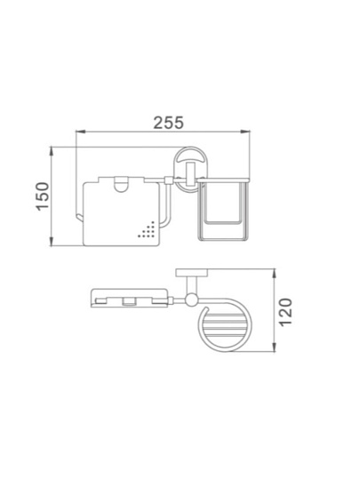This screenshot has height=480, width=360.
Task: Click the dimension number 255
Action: point(168,123)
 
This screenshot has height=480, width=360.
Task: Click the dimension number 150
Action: point(43,196)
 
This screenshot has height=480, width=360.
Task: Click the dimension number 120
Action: point(286,312)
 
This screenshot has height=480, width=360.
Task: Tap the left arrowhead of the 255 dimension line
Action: point(80,132)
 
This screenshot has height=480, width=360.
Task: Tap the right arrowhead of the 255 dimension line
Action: point(245,132)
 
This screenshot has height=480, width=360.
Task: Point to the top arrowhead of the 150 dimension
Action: point(52,151)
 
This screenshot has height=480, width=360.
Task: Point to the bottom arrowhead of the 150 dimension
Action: point(52,241)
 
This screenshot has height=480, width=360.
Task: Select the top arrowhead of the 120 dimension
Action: point(275,274)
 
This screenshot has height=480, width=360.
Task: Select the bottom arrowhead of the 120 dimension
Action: point(275,347)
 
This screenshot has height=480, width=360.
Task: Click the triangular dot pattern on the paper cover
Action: point(147,231)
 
